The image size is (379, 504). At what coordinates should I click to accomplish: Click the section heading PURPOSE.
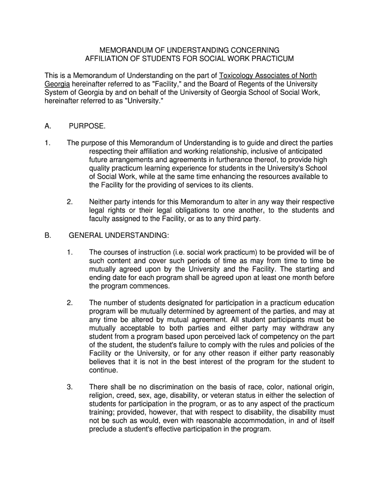tap(87, 126)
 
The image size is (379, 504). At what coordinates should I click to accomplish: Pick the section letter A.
tap(48, 126)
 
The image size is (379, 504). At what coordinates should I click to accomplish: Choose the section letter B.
tap(48, 235)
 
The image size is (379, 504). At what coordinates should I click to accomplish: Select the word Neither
tap(101, 202)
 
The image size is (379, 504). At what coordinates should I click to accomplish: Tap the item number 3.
tap(70, 387)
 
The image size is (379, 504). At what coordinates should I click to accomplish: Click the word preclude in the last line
tap(103, 429)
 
